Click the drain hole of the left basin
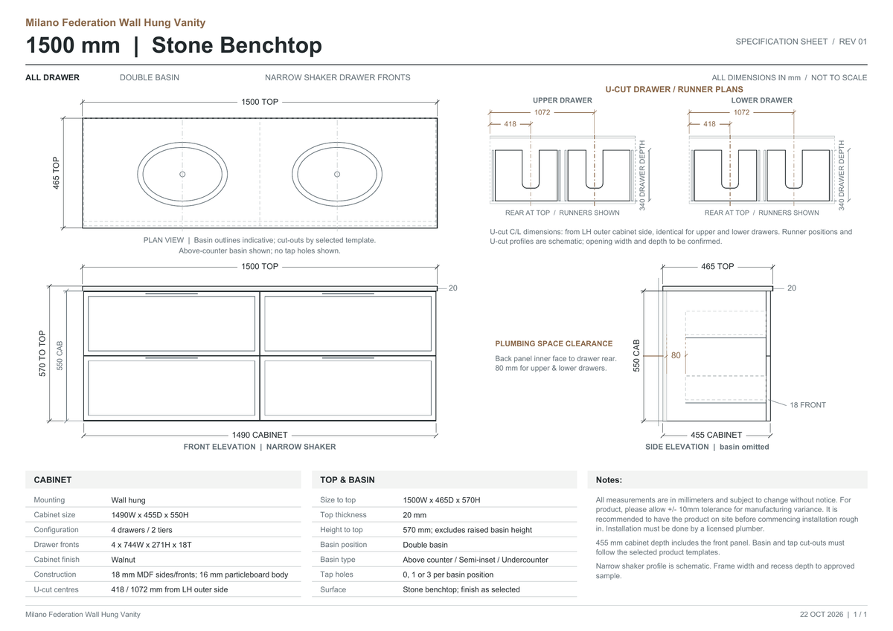coord(182,174)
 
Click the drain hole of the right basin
coord(337,174)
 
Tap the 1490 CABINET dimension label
coord(260,435)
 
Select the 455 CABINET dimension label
coord(717,435)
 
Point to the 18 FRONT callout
coord(807,405)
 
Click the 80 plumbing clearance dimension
coord(676,355)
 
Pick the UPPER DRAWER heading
coord(563,100)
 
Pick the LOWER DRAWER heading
coord(761,100)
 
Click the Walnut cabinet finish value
coord(124,560)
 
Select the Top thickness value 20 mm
coord(415,515)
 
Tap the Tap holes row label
coord(336,574)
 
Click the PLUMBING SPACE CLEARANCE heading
coord(554,343)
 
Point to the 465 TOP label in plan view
coord(56,172)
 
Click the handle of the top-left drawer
coord(171,294)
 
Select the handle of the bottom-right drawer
coord(348,358)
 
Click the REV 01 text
coord(853,42)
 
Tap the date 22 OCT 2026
coord(822,615)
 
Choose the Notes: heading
coord(609,479)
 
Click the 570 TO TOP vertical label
coord(42,354)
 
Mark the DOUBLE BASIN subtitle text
coord(150,77)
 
